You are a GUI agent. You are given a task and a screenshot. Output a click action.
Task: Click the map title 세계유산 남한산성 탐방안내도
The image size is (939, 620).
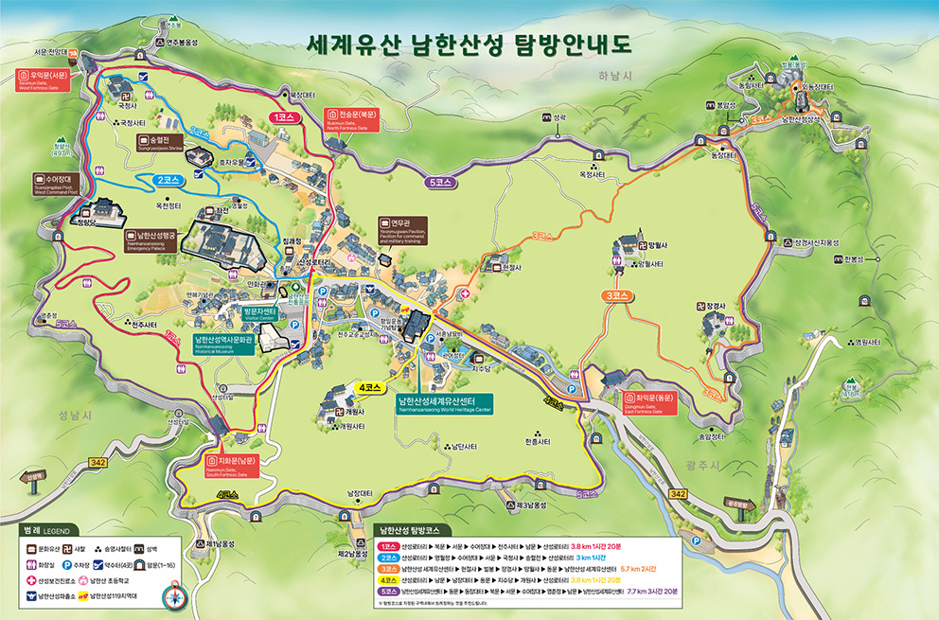(x=468, y=45)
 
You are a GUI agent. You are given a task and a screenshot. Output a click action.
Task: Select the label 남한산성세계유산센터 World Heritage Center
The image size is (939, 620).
(x=444, y=404)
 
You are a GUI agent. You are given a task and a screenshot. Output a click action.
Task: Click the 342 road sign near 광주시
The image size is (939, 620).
(x=678, y=494)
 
